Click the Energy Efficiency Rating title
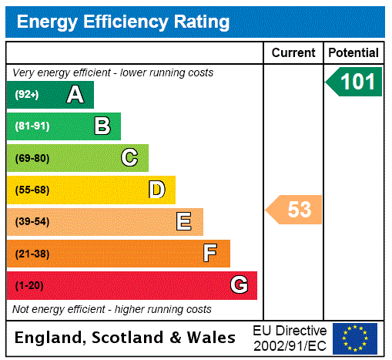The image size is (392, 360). pos(123,22)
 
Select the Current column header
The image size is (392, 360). pos(293,53)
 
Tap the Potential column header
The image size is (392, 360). pos(353,53)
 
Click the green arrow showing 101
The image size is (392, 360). pos(354,82)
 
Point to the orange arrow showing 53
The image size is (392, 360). pos(295,209)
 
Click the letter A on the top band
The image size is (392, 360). pos(75,95)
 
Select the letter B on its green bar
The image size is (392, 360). pos(102,126)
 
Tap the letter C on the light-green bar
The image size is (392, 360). pos(129,158)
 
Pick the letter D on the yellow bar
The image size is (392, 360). pos(156,190)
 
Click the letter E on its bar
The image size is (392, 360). pos(183,222)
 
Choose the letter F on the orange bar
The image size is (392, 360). pos(210,253)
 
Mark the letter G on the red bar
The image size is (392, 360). pos(239,285)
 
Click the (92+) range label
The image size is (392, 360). pos(26,95)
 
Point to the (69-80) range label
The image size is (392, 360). pos(32,158)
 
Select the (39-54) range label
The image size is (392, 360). pos(32,222)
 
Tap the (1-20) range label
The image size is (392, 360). pos(29,285)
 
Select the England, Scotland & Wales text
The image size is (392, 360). pos(126,338)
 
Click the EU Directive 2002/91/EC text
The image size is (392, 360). pos(290,338)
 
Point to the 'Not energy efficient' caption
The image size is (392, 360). pos(112,309)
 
